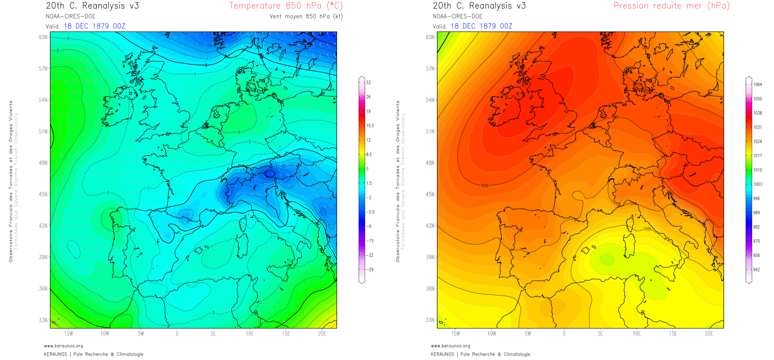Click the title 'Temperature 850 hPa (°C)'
pyautogui.click(x=286, y=6)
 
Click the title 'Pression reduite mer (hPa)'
pyautogui.click(x=671, y=6)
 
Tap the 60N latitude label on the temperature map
pyautogui.click(x=43, y=37)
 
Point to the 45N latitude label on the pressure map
pyautogui.click(x=430, y=194)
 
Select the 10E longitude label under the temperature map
pyautogui.click(x=250, y=334)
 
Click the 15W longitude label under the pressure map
pyautogui.click(x=455, y=334)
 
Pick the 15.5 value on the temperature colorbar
pyautogui.click(x=370, y=126)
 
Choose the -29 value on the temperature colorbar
pyautogui.click(x=370, y=270)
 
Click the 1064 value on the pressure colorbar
pyautogui.click(x=758, y=85)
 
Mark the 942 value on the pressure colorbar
pyautogui.click(x=756, y=270)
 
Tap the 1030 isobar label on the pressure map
pyautogui.click(x=484, y=186)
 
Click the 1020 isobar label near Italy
pyautogui.click(x=647, y=229)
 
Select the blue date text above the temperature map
pyautogui.click(x=94, y=26)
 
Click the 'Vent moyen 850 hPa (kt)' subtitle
pyautogui.click(x=306, y=17)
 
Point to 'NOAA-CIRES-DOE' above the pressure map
pyautogui.click(x=458, y=17)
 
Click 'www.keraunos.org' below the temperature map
pyautogui.click(x=63, y=346)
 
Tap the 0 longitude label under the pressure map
pyautogui.click(x=564, y=334)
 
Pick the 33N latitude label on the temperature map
pyautogui.click(x=43, y=320)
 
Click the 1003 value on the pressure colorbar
pyautogui.click(x=758, y=184)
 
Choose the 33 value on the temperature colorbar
pyautogui.click(x=369, y=83)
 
